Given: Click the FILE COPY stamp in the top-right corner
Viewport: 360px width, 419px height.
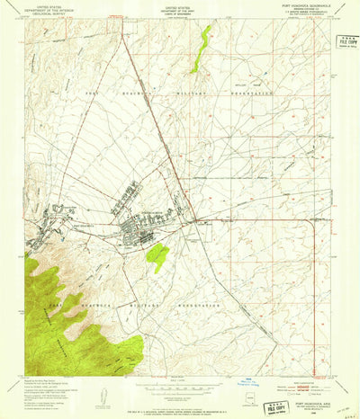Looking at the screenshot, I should [x=340, y=40].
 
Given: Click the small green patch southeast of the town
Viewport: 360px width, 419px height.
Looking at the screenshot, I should [x=157, y=255].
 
